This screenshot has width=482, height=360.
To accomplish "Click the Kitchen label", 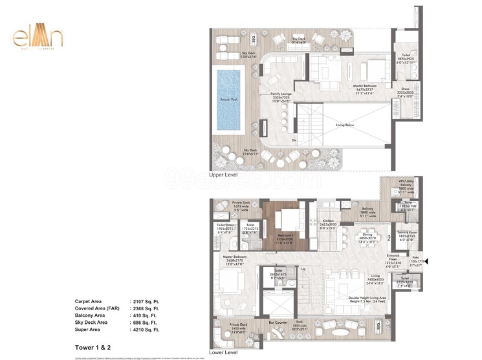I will tap(327, 221).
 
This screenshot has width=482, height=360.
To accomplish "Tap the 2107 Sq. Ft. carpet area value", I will tap(146, 302).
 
